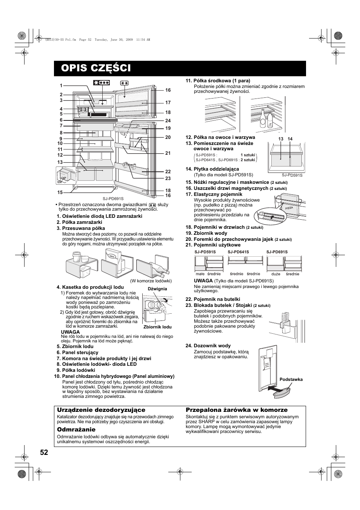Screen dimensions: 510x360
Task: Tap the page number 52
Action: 44,453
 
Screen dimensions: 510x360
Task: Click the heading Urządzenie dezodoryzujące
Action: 101,410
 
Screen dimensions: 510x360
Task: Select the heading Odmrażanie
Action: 76,430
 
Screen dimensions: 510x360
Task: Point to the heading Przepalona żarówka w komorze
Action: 237,410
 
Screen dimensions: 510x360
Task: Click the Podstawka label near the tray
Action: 291,379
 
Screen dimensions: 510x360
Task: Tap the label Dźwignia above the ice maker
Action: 157,289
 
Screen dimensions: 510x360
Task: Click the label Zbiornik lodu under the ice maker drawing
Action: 157,327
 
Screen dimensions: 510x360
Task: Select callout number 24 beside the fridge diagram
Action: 168,121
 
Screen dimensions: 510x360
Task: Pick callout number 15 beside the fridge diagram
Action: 60,193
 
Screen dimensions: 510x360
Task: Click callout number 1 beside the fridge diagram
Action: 61,86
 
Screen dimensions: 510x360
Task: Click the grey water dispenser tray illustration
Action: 283,391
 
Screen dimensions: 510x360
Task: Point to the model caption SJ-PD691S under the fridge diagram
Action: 113,199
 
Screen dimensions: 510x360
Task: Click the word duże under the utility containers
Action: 276,274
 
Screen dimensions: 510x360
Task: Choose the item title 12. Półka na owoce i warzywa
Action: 220,137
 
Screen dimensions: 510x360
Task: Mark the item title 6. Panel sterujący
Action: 77,352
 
